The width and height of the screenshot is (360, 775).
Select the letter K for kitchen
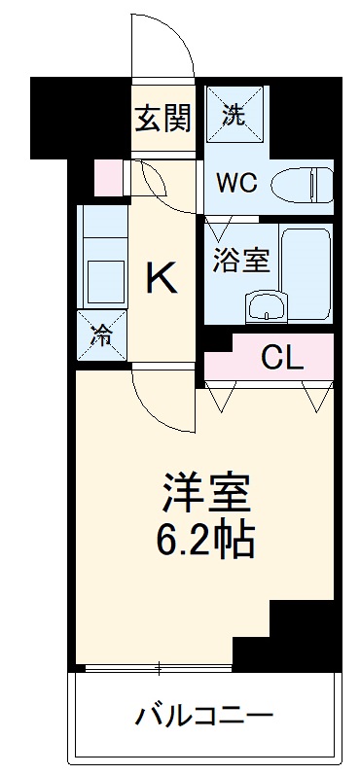pyautogui.click(x=162, y=279)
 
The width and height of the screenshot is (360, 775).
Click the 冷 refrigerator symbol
pyautogui.click(x=103, y=335)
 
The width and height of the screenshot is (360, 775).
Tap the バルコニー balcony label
pyautogui.click(x=203, y=720)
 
